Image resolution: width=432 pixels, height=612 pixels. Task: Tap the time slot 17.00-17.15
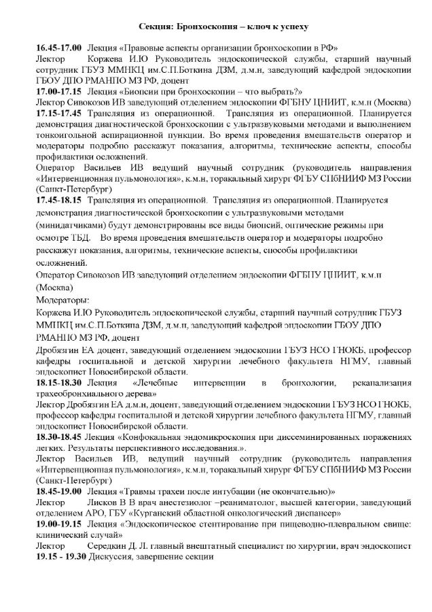tap(59, 90)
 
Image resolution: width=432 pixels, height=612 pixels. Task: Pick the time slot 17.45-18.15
tap(59, 200)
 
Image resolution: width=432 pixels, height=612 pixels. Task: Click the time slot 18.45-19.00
tap(59, 491)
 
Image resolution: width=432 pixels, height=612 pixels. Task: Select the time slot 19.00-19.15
tap(59, 526)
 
